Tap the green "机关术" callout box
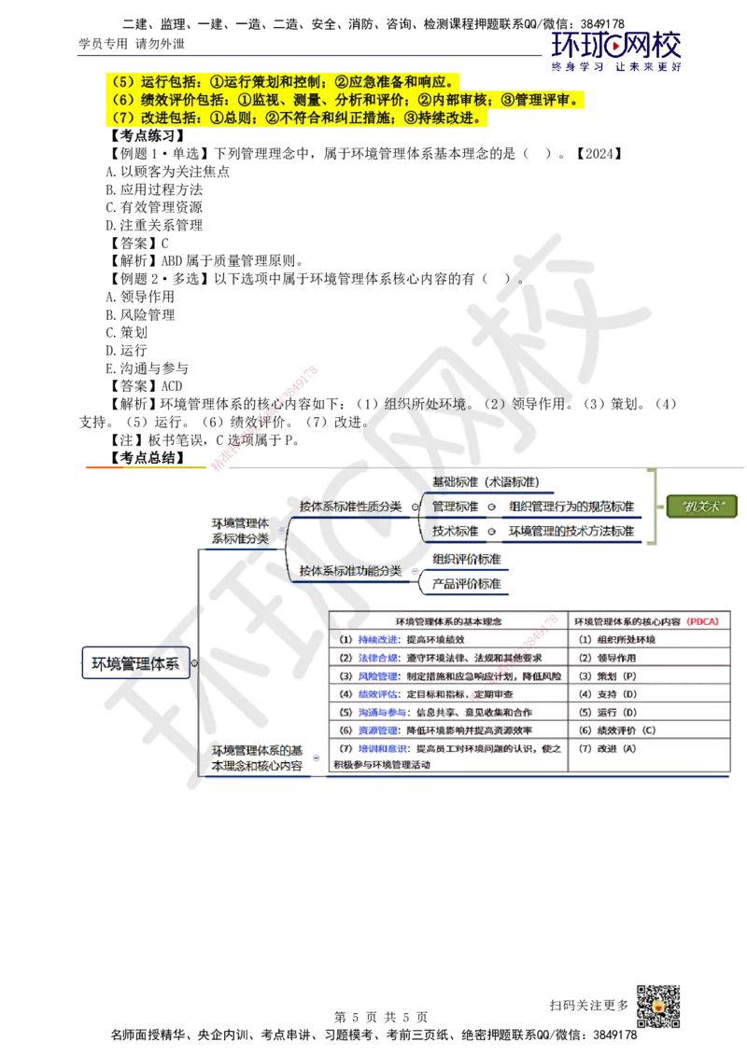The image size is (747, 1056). pos(702,506)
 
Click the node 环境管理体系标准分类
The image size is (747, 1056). pos(240,530)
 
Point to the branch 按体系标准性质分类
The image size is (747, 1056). pos(351,506)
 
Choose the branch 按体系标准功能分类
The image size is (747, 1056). pos(351,569)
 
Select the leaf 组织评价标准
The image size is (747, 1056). pos(466,558)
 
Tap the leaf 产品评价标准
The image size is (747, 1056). pos(466,583)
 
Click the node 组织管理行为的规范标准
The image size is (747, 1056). pos(571,506)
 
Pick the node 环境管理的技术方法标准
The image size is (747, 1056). pos(571,530)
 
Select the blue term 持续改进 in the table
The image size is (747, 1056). pos(379,639)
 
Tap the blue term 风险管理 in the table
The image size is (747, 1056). pos(379,675)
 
